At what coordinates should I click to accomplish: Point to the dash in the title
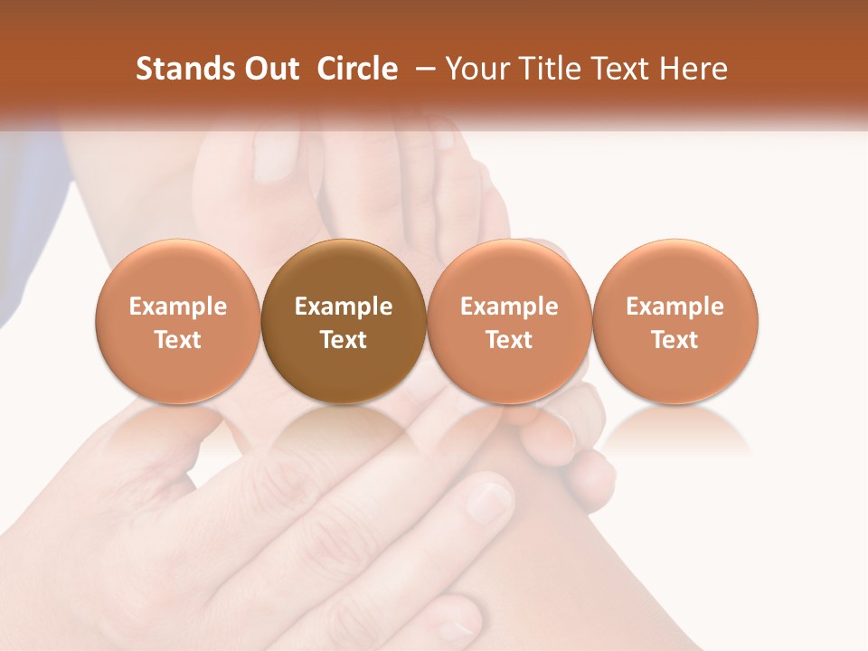pos(421,70)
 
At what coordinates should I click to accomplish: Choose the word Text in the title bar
pos(617,69)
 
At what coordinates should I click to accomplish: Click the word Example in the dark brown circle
pos(344,307)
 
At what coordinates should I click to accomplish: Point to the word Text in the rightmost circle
pos(675,340)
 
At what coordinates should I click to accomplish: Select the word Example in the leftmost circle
pos(178,307)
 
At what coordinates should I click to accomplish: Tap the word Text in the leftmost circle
pos(178,340)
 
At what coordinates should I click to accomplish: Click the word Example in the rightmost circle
pos(675,307)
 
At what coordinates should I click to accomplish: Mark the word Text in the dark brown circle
pos(344,340)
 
